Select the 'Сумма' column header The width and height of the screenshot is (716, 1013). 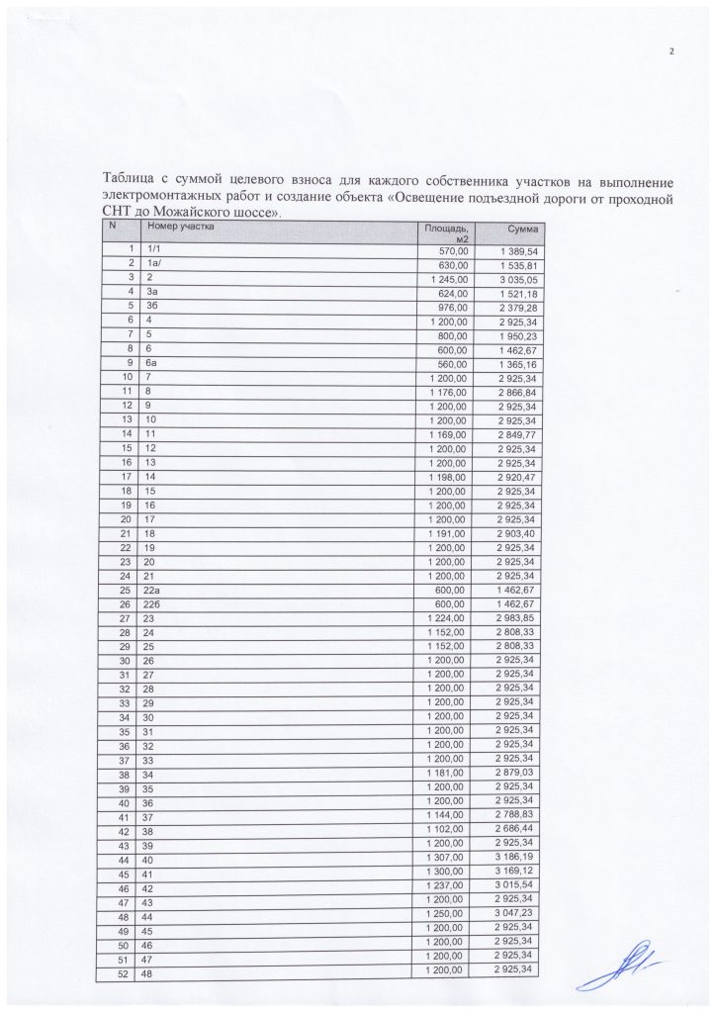coord(521,230)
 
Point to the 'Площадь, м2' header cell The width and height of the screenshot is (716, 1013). coord(446,233)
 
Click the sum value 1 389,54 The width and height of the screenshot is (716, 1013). coord(516,251)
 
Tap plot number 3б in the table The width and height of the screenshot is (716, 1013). coord(153,307)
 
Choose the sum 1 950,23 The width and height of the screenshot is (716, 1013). coord(516,334)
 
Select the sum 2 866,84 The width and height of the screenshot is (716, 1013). coord(516,391)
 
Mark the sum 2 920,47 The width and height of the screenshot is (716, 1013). coord(516,476)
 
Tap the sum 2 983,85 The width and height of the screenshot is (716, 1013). coord(516,617)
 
